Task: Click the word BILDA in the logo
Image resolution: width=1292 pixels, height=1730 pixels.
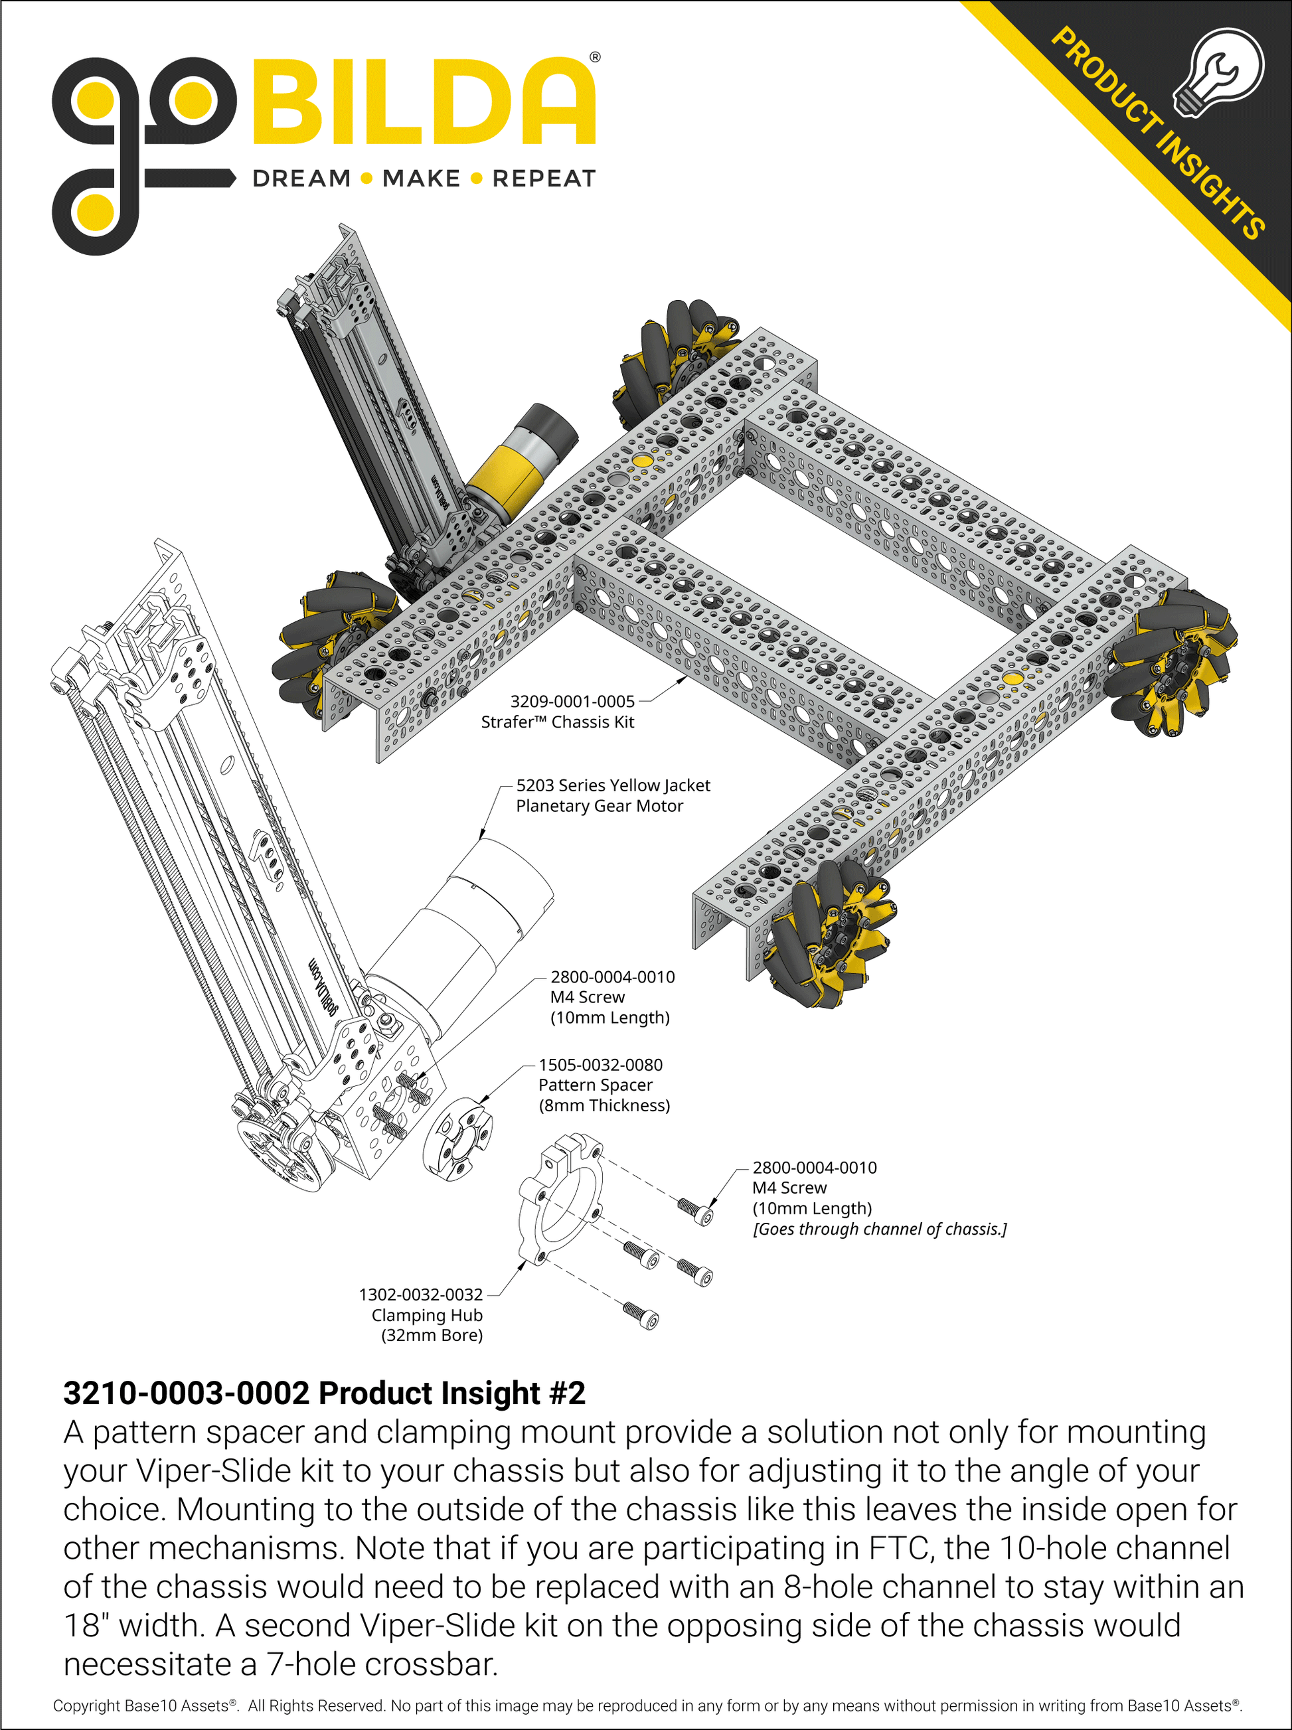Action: (423, 101)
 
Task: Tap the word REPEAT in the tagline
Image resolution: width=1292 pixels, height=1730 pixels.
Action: (544, 179)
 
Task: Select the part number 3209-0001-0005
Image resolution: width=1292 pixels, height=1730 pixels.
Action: (572, 701)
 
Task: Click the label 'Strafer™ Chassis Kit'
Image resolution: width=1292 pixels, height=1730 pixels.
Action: (557, 721)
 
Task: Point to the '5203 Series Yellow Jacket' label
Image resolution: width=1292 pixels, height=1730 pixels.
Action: (613, 785)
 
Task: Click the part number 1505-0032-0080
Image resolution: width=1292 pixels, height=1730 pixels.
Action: (600, 1063)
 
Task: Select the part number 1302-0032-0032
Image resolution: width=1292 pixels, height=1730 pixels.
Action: (420, 1294)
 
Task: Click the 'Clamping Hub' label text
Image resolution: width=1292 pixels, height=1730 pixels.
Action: (427, 1314)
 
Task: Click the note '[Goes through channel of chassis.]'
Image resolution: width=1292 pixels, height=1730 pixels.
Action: (879, 1228)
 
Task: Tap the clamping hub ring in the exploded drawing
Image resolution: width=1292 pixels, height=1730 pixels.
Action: (560, 1198)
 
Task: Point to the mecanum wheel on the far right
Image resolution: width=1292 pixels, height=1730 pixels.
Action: (1171, 662)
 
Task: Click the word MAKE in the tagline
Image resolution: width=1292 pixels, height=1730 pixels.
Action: (422, 179)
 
